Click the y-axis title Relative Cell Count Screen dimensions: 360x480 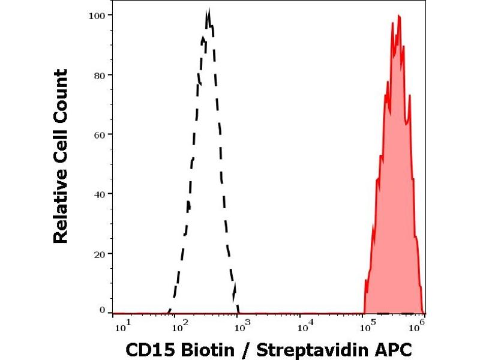pos(61,156)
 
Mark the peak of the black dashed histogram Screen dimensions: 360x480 pos(208,10)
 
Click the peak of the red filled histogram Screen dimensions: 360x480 pos(398,16)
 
